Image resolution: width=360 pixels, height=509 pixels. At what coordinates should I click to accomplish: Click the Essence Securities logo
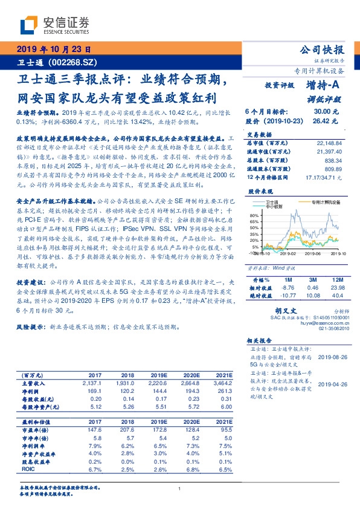point(54,25)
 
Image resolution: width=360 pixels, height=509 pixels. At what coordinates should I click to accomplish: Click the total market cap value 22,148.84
point(329,142)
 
